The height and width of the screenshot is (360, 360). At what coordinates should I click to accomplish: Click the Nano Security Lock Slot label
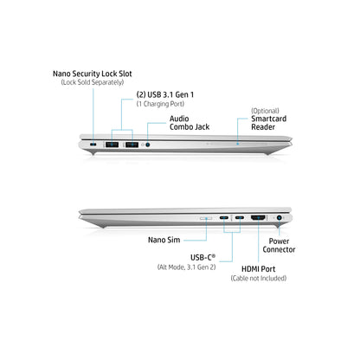coord(93,74)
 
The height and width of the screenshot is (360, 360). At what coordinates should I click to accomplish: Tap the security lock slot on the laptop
coord(93,144)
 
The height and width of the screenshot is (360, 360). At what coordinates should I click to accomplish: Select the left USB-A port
coord(112,144)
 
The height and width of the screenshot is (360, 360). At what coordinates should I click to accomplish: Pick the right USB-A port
coord(132,144)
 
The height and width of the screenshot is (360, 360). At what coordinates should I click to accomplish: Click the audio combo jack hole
coord(148,145)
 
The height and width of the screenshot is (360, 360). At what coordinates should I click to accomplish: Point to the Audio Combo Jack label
coord(190,123)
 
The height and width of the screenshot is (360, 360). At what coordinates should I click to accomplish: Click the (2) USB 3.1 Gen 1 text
coord(165,94)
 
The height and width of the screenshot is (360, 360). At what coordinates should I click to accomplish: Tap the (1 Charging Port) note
coord(160,104)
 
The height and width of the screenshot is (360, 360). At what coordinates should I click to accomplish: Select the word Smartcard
coord(269,119)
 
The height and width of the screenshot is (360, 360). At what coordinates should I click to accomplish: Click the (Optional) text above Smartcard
coord(265,111)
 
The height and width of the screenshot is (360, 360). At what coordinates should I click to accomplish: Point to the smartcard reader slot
coord(238,144)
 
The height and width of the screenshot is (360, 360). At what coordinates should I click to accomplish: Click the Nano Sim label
coord(164,240)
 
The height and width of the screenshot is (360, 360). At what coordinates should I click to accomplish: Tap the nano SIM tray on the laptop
coord(206,218)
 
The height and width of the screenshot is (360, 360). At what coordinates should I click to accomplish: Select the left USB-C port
coord(224,217)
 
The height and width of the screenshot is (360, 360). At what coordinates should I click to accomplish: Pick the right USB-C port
coord(240,217)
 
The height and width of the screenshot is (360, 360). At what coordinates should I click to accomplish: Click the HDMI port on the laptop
coord(258,218)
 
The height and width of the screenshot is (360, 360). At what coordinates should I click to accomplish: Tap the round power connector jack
coord(279,218)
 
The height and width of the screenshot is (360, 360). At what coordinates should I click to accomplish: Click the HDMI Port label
coord(259,269)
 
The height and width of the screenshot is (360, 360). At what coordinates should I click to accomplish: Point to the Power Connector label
coord(279,246)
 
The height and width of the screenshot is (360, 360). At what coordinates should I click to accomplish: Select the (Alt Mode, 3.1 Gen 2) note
coord(186,267)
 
